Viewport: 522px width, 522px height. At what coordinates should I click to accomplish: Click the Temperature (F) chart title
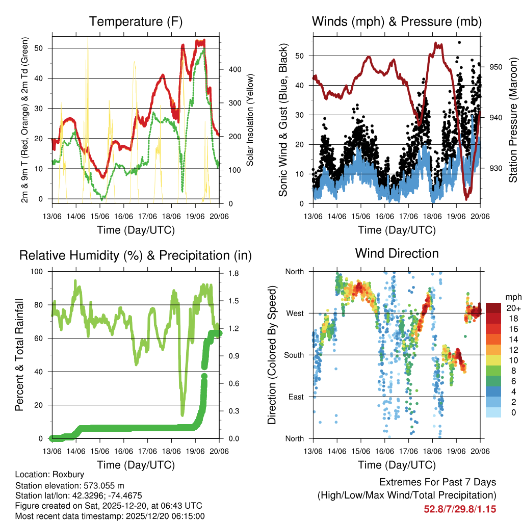136,21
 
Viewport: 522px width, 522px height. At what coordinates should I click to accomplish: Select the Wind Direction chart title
397,253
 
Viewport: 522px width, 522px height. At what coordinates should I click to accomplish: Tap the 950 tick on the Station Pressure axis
497,67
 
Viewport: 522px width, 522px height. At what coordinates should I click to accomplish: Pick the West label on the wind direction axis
295,313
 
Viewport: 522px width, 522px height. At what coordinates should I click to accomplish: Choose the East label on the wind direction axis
296,397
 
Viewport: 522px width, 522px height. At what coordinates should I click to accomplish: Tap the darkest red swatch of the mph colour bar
493,308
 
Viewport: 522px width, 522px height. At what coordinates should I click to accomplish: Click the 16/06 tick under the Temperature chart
124,217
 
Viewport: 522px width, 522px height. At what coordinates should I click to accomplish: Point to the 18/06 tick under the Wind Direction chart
432,451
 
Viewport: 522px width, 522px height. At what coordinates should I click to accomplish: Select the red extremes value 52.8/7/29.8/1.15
460,509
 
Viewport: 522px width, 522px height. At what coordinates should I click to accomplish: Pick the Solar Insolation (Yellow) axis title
250,120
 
